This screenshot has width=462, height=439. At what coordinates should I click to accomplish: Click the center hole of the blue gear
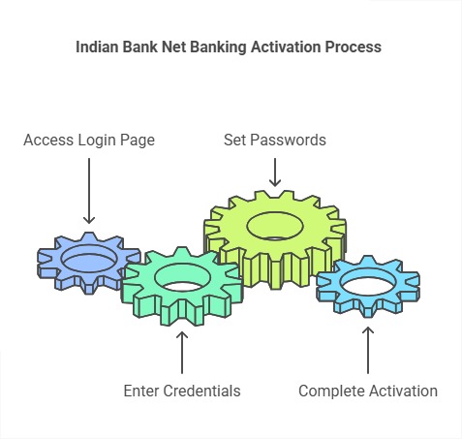89,260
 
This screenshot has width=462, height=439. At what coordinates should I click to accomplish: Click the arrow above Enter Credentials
182,353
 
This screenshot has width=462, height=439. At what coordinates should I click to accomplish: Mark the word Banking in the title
228,47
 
